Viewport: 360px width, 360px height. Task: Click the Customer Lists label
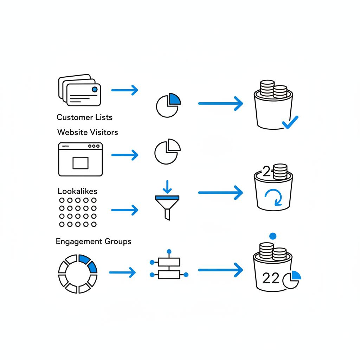point(84,117)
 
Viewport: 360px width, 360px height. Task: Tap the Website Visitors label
point(88,132)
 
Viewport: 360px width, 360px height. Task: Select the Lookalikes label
point(77,191)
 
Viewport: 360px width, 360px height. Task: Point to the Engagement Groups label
point(94,242)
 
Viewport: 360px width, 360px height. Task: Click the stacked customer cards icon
point(79,90)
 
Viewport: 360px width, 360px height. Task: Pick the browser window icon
point(80,159)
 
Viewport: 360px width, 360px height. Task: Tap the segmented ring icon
point(77,274)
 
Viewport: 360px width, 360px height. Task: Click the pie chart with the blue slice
point(168,105)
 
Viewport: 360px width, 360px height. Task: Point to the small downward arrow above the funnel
point(167,186)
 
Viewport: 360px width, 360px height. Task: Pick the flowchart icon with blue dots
point(169,268)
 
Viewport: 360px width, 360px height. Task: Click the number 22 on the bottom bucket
point(271,278)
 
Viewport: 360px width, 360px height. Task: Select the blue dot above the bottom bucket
point(272,236)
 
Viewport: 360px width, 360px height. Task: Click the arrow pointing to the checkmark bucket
point(220,104)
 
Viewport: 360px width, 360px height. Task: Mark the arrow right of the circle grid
point(125,211)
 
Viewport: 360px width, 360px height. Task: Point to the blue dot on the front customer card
point(94,89)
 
